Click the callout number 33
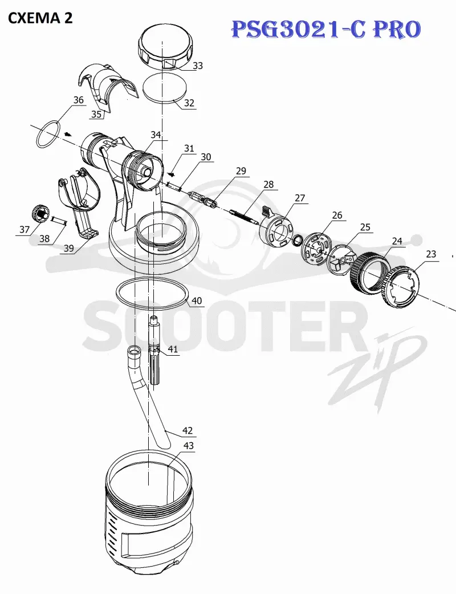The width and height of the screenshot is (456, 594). click(x=198, y=66)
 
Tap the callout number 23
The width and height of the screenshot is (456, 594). click(x=431, y=254)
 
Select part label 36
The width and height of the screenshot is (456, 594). click(x=79, y=100)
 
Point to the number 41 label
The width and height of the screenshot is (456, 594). click(x=173, y=349)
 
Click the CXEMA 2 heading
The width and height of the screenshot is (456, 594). click(x=40, y=18)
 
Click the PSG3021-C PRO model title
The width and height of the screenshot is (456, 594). click(x=326, y=30)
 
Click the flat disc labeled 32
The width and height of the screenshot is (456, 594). click(x=165, y=88)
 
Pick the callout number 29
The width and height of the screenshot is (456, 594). click(x=241, y=171)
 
